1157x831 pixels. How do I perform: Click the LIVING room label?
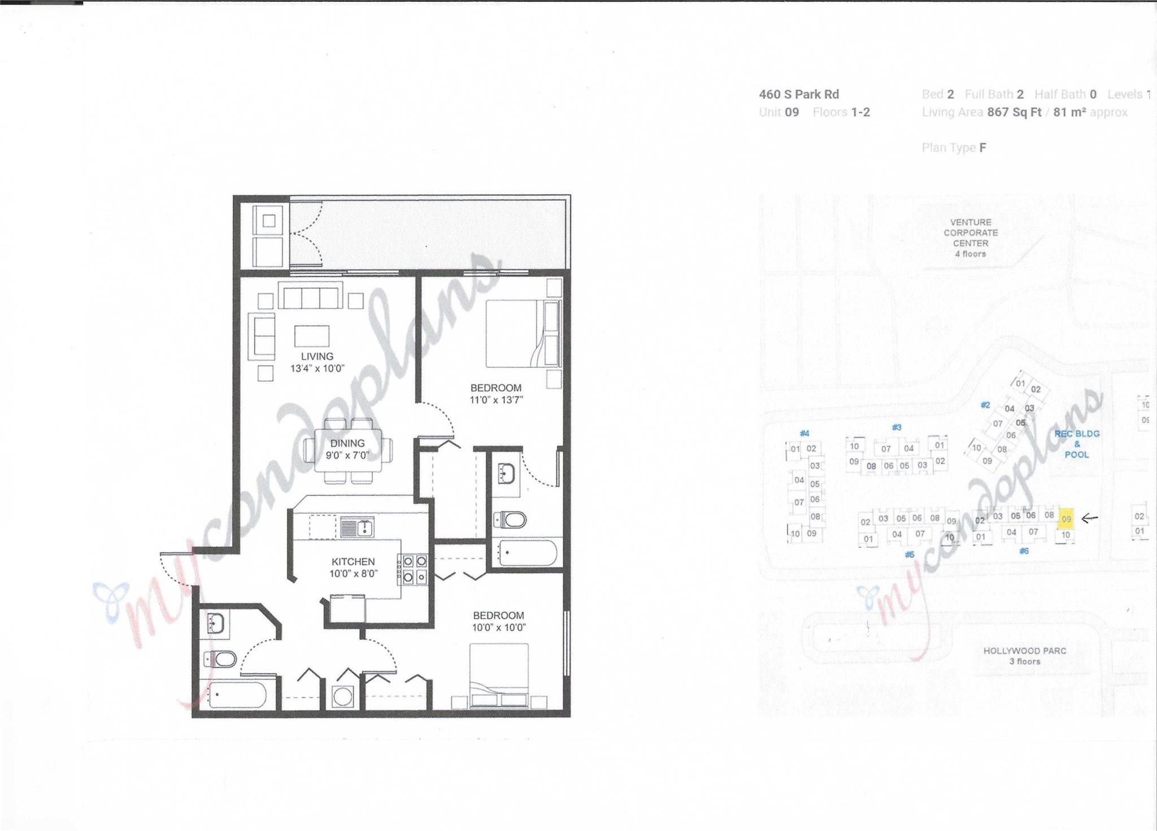pos(317,356)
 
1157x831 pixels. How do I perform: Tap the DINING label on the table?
pos(347,443)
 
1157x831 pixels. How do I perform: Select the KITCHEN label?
pos(353,561)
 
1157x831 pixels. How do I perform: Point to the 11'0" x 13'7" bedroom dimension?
pos(496,400)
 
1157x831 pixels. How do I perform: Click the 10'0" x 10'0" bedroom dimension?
pos(499,627)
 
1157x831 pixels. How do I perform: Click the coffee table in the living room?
pos(312,336)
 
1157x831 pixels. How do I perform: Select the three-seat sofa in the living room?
pos(311,298)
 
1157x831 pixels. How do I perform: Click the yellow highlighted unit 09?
pos(1066,518)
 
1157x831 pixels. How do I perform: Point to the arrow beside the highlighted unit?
pos(1090,517)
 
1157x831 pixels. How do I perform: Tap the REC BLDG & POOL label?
pos(1077,444)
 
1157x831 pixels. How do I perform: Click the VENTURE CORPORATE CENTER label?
pos(971,237)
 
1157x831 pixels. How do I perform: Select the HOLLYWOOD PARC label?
pos(1025,656)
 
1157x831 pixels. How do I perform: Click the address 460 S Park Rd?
pos(799,94)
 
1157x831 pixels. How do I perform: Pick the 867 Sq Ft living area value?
pos(1014,112)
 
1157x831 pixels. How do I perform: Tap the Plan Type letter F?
pos(983,148)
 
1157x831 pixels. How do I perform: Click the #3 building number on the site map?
pos(896,427)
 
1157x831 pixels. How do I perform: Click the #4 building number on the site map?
pos(804,434)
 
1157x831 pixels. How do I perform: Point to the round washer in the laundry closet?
pos(342,696)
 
